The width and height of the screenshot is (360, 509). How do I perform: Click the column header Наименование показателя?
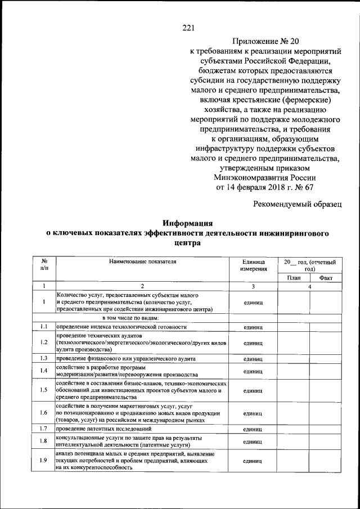pyautogui.click(x=142, y=262)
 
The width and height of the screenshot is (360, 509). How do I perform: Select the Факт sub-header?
pyautogui.click(x=326, y=278)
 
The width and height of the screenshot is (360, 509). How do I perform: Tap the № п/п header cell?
pyautogui.click(x=44, y=265)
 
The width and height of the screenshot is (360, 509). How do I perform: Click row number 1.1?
pyautogui.click(x=44, y=326)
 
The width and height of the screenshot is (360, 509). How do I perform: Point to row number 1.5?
pyautogui.click(x=44, y=390)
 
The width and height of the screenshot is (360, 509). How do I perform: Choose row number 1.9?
pyautogui.click(x=44, y=461)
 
